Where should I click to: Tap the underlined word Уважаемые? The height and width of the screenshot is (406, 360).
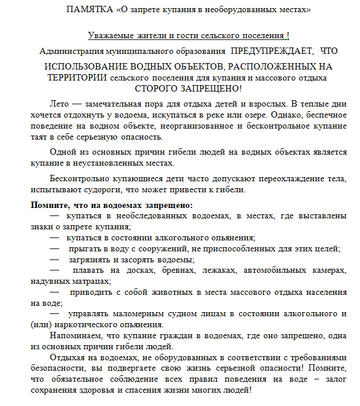click(109, 36)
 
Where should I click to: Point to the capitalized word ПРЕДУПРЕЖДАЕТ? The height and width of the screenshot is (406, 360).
click(271, 52)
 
